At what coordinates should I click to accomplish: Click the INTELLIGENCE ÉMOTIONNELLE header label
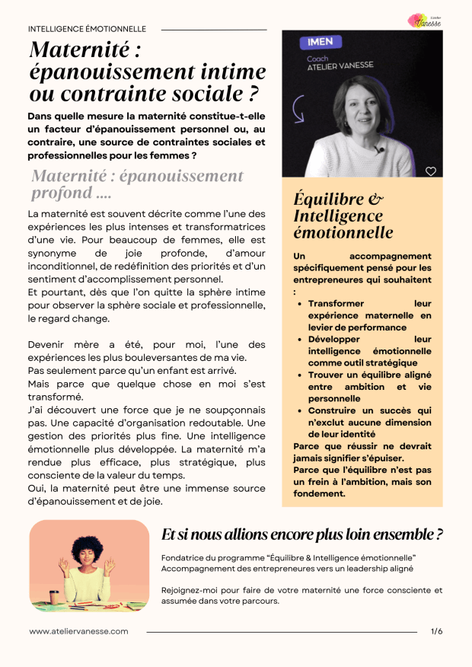(87, 29)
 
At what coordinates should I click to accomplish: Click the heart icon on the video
(431, 171)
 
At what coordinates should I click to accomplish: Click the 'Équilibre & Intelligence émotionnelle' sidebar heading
(343, 216)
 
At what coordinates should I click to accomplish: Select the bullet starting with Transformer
(369, 309)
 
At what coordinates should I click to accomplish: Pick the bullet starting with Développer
(369, 351)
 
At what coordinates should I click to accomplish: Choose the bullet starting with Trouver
(369, 386)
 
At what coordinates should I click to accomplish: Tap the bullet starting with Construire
(369, 423)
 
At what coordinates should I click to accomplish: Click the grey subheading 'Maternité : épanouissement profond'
(137, 184)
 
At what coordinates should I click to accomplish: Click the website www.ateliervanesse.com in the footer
(78, 631)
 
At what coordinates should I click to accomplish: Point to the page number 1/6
(436, 631)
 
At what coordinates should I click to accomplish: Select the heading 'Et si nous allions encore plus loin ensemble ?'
(303, 534)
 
